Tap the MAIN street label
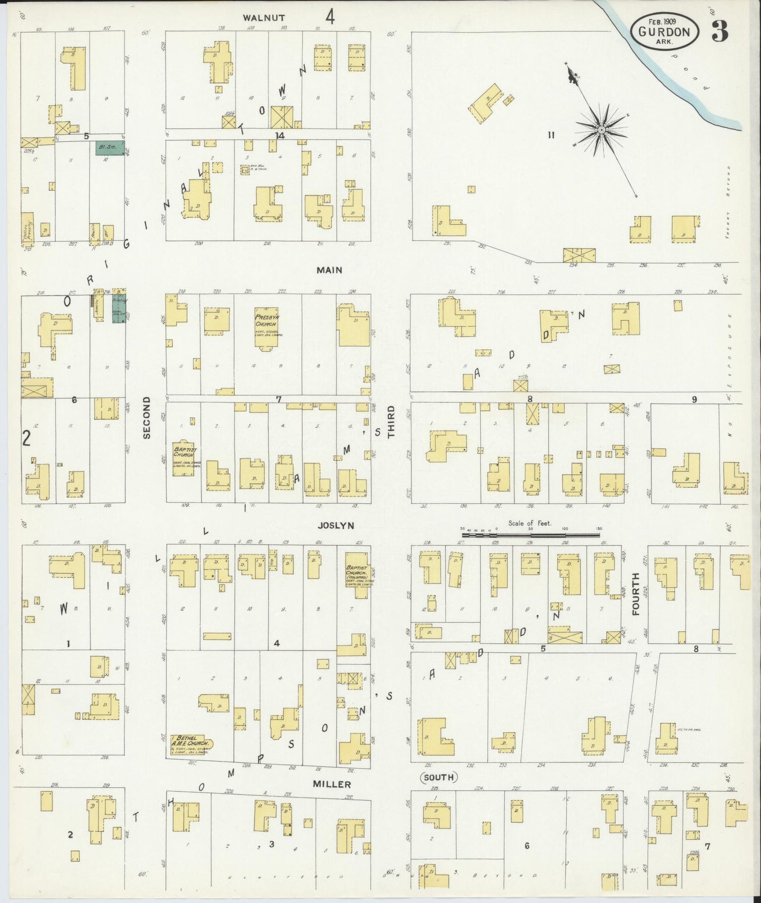click(x=330, y=270)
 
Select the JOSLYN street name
click(x=335, y=525)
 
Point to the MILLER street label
click(x=333, y=784)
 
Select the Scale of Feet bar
click(x=530, y=534)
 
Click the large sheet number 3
click(x=720, y=33)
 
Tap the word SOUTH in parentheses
click(x=438, y=778)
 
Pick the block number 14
click(x=279, y=135)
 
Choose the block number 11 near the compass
click(x=551, y=135)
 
